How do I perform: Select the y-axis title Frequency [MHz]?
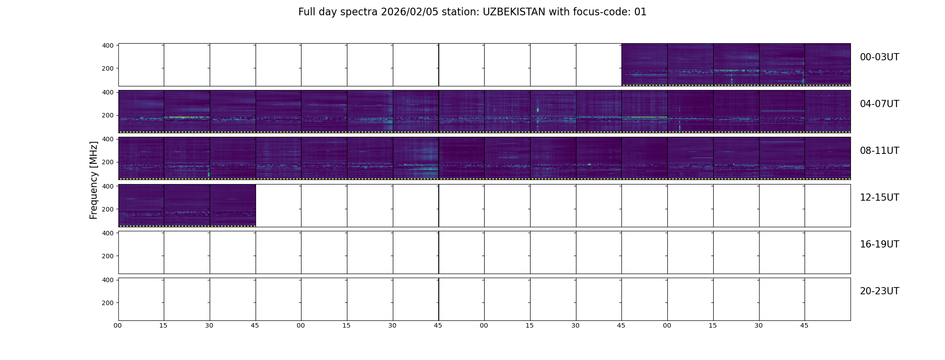pos(94,180)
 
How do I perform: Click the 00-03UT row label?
pos(879,57)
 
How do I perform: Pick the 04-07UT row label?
pos(879,104)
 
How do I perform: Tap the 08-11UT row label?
pos(879,151)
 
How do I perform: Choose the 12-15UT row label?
pos(879,198)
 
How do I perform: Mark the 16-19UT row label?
pos(879,244)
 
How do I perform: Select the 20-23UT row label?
pos(879,291)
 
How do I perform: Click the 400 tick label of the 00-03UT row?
pos(108,45)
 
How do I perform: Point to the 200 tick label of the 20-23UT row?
pos(108,303)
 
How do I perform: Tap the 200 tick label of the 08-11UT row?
pos(108,162)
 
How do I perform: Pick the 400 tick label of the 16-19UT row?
pos(108,233)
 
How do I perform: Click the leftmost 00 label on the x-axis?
pos(118,326)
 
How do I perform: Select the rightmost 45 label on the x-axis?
pos(804,326)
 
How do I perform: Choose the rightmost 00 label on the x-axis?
pos(667,326)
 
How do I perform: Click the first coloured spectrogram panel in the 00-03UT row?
pos(644,65)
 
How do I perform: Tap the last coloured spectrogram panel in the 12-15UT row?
pos(233,205)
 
